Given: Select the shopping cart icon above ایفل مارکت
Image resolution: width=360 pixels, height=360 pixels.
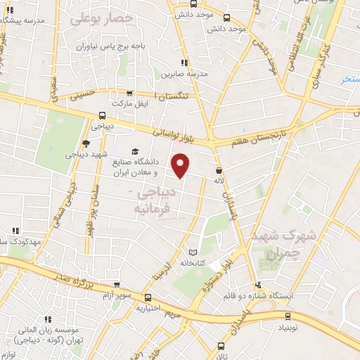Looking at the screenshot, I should pos(129,92).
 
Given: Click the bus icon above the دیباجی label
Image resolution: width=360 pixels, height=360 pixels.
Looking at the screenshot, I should pos(103,115).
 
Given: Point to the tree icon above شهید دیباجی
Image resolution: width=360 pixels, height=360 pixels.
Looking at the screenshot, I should pos(86,142).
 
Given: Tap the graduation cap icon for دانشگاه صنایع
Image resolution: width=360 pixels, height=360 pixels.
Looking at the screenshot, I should pos(134,150).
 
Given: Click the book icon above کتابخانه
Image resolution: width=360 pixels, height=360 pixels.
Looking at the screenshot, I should pos(193,252).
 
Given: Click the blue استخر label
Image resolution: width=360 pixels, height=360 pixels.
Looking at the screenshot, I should pos(349,79).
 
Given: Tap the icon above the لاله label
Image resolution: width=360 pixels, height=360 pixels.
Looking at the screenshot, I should pos(219,169).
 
